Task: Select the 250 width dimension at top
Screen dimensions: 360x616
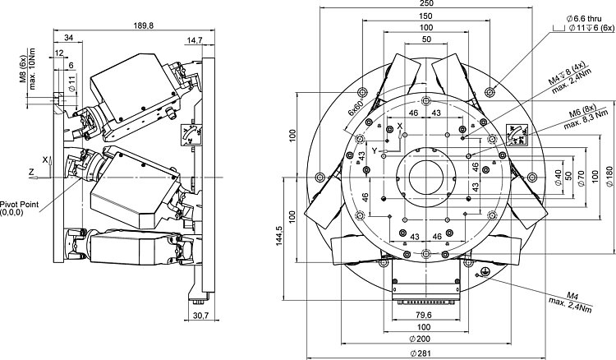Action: [427, 4]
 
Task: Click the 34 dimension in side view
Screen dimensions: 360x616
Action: [67, 37]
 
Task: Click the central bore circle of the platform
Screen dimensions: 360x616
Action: [427, 174]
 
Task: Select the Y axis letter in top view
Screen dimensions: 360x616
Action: [373, 151]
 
